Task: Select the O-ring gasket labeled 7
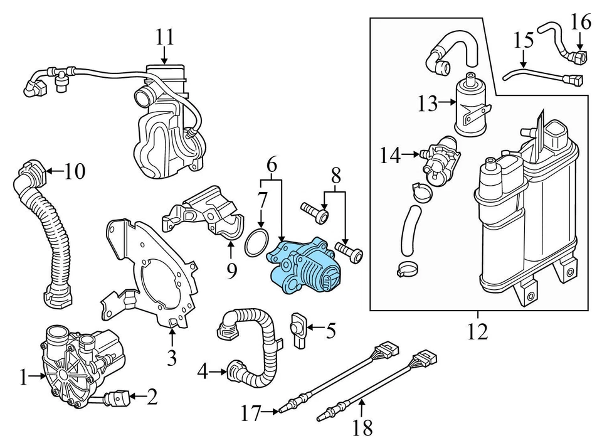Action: tap(256, 243)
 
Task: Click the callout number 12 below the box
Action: tap(477, 331)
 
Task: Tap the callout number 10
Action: tap(74, 171)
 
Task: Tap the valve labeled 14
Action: tap(440, 160)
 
